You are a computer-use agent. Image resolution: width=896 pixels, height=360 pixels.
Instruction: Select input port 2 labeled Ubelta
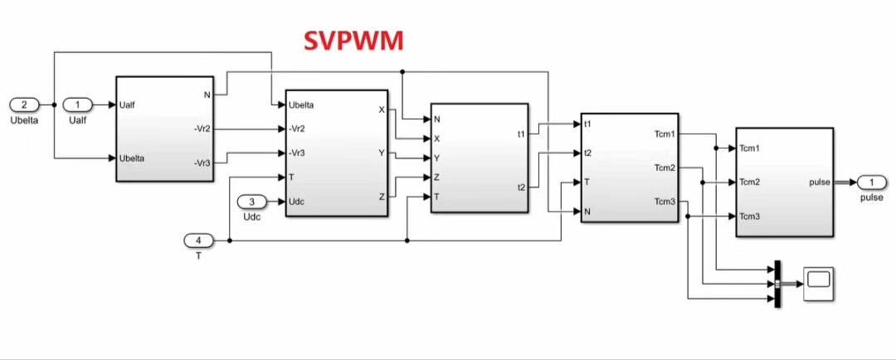24,105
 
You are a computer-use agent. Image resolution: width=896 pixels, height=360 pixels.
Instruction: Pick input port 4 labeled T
198,241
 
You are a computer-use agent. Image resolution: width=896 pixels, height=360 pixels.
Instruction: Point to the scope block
818,284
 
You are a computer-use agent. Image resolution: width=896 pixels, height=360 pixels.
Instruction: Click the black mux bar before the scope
777,285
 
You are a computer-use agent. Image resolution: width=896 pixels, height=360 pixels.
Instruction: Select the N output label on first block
207,95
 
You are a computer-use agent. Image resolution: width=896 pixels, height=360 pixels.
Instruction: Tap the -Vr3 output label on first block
201,163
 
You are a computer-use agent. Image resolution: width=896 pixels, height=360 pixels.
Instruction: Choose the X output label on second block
381,109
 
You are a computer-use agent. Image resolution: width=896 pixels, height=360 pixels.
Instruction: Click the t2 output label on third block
520,187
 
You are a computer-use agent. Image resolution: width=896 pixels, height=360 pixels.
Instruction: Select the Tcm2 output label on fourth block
665,168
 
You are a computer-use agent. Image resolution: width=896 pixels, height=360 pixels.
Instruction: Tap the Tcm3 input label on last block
750,216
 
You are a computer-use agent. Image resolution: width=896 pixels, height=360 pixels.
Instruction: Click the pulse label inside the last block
820,182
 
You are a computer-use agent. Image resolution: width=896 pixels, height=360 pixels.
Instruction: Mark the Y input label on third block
437,158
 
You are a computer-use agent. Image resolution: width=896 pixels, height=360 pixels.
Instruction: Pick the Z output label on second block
381,197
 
